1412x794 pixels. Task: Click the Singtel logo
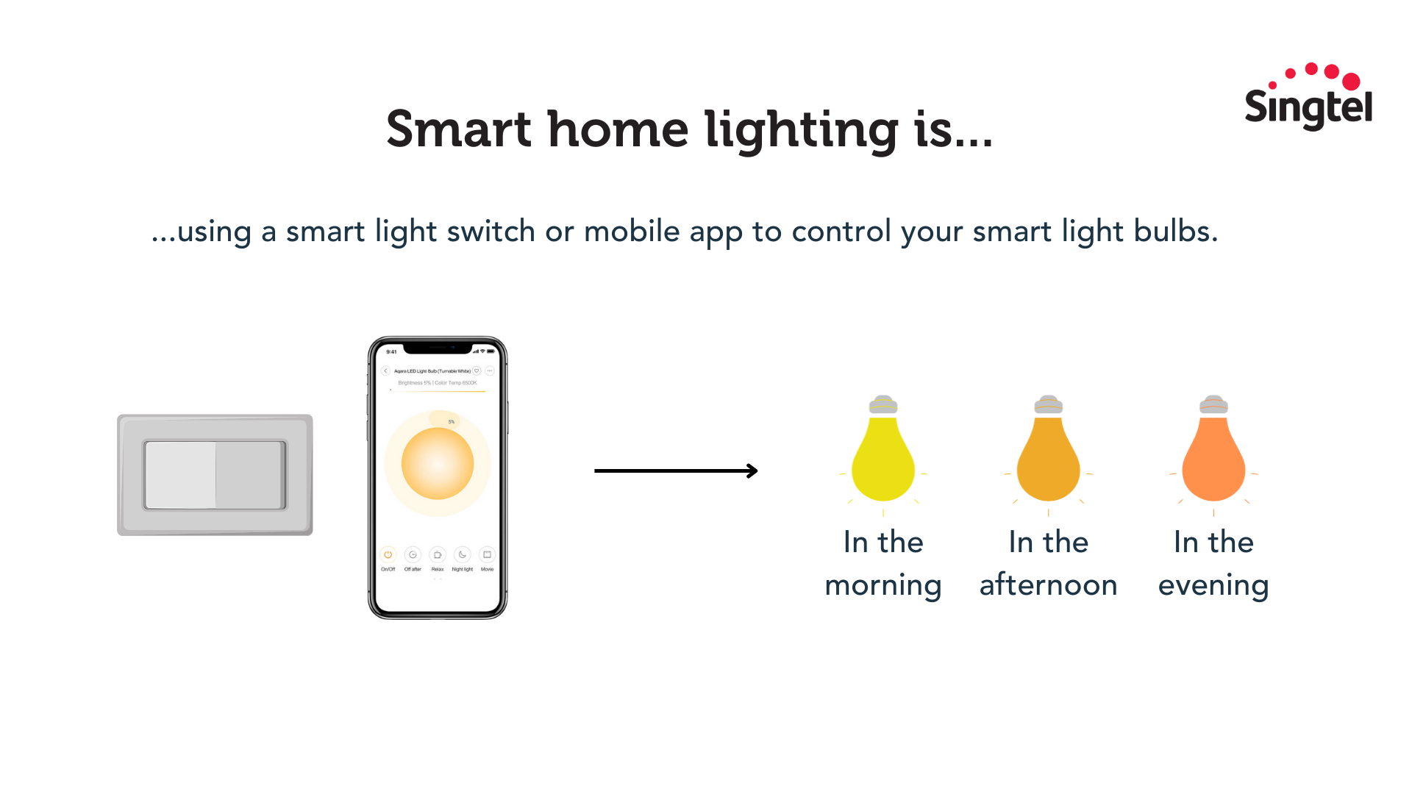(1308, 98)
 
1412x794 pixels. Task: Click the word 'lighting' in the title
(801, 130)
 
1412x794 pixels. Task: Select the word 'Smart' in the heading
(458, 130)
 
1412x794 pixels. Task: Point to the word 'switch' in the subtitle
(491, 232)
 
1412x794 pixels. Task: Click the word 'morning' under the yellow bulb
(883, 585)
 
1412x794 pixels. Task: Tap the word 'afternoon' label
(1048, 585)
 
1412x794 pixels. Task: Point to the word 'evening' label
(1213, 585)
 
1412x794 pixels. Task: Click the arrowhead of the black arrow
(753, 471)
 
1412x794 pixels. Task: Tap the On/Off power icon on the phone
(388, 554)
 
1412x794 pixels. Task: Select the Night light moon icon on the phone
(463, 554)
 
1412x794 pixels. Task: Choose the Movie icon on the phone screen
(487, 554)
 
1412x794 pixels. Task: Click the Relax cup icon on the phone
(438, 554)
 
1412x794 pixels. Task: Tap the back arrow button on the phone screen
(385, 371)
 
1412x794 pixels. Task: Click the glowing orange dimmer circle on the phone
(438, 463)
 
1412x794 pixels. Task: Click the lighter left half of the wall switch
(181, 475)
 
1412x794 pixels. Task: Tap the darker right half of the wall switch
(249, 475)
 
